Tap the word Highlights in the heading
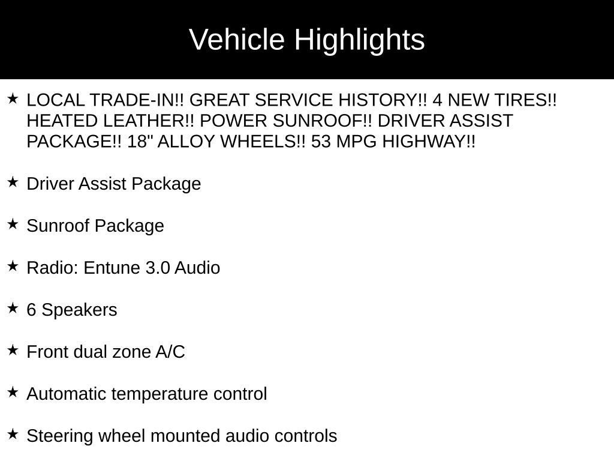[359, 40]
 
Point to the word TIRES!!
[526, 100]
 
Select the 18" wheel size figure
[137, 142]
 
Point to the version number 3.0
[158, 268]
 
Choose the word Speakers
[80, 310]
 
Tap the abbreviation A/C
[170, 352]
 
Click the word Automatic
[67, 394]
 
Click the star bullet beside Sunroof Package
[13, 224]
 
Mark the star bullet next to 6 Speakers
[13, 308]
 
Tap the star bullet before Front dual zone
[13, 350]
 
